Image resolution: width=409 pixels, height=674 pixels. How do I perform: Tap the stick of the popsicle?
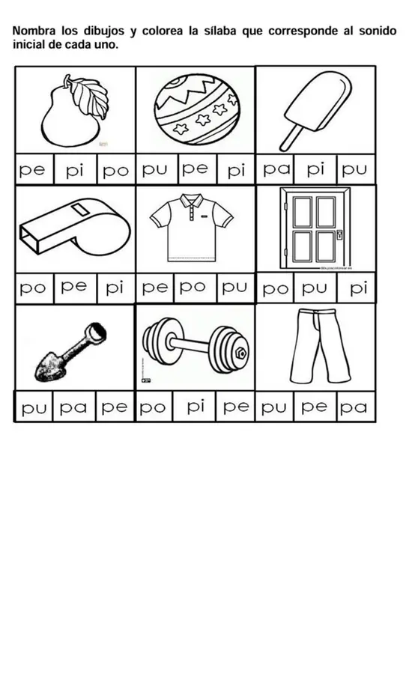tap(291, 138)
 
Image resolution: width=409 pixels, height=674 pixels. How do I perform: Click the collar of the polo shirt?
tap(192, 201)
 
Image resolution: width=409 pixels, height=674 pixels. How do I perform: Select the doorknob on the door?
tap(340, 234)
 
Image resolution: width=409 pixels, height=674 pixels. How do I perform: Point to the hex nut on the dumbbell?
tap(242, 353)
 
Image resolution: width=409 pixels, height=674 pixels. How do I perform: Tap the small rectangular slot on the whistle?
tap(79, 210)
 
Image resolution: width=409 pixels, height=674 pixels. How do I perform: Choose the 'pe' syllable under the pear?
tap(32, 170)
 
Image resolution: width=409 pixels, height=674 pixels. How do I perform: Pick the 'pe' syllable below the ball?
tap(195, 169)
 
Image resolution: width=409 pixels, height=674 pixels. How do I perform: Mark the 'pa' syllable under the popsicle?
tap(276, 169)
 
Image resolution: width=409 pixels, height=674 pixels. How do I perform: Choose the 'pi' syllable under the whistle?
tap(115, 288)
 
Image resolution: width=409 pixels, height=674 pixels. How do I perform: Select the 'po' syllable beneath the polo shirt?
tap(192, 287)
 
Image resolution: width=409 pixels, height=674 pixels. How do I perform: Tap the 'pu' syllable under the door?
tap(314, 288)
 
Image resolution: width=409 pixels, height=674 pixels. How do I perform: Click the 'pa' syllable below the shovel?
tap(73, 407)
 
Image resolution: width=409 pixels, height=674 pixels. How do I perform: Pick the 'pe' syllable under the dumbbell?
tap(236, 407)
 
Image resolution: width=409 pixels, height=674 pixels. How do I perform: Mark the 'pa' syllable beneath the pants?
tap(354, 407)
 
